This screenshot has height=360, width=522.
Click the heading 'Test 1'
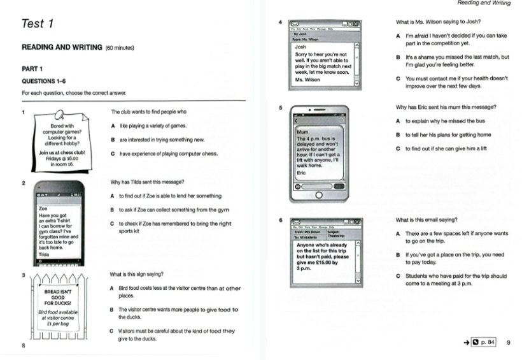(x=38, y=24)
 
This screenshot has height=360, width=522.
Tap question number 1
(x=24, y=113)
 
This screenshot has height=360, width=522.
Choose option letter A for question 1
(x=113, y=125)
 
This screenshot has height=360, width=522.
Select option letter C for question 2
(x=113, y=224)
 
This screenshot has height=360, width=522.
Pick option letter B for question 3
(x=113, y=310)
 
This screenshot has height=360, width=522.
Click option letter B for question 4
(x=398, y=57)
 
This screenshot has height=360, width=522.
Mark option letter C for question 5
(x=398, y=149)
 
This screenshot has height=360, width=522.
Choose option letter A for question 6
(x=398, y=234)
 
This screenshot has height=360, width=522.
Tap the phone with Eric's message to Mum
(x=325, y=153)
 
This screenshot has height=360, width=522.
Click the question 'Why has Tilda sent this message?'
(x=147, y=182)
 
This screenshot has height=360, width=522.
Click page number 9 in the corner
(x=508, y=343)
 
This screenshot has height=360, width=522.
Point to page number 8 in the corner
(x=24, y=346)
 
